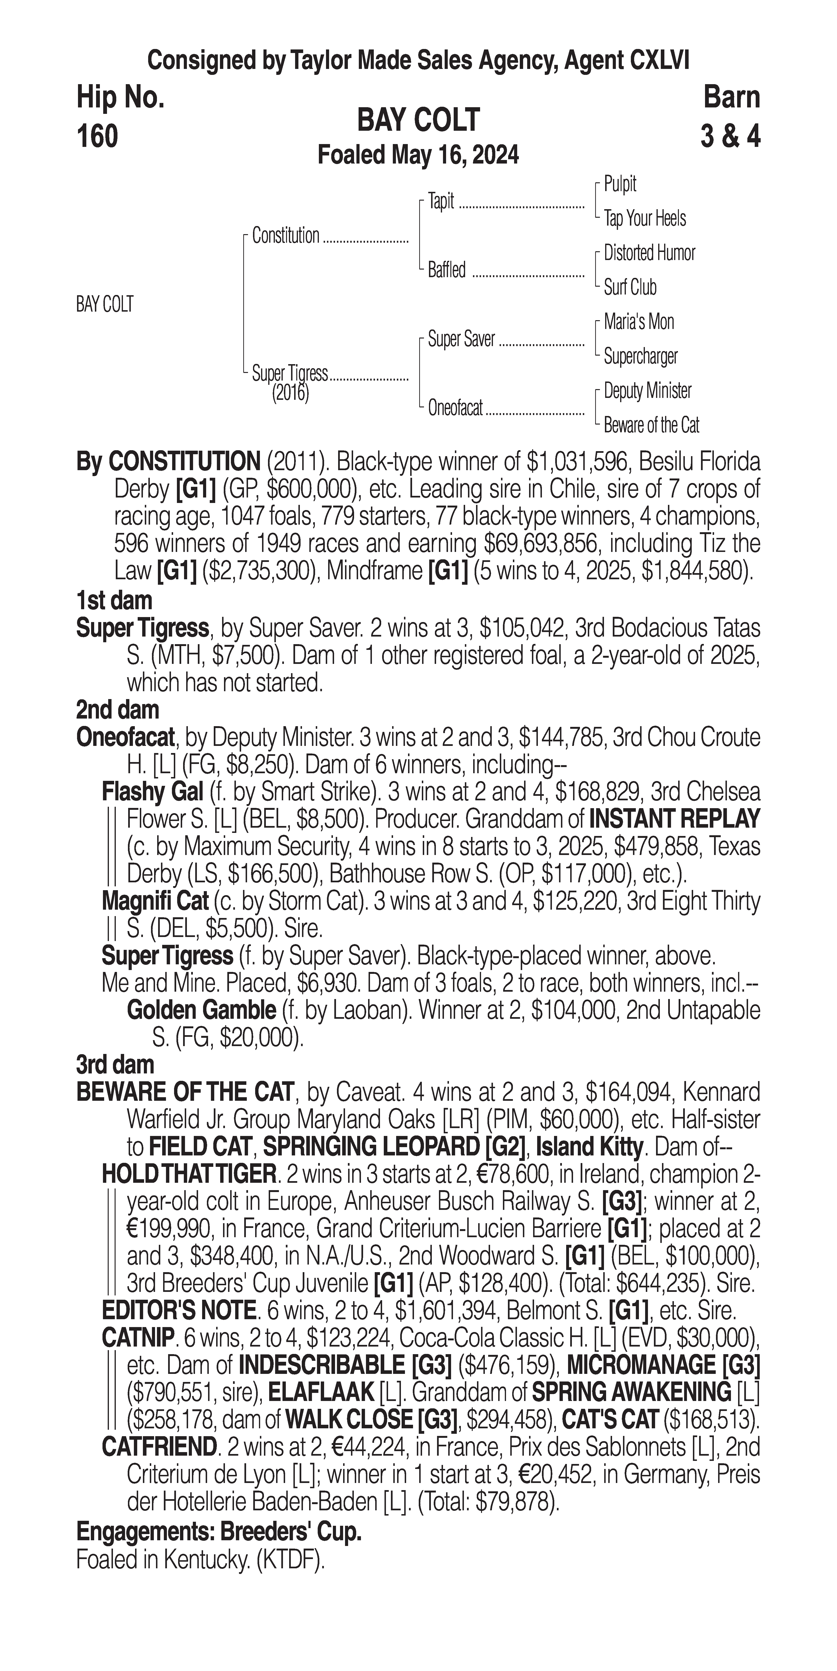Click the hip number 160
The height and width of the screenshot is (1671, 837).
97,137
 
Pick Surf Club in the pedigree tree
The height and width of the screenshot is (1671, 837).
630,287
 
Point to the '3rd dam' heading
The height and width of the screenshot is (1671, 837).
116,1065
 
